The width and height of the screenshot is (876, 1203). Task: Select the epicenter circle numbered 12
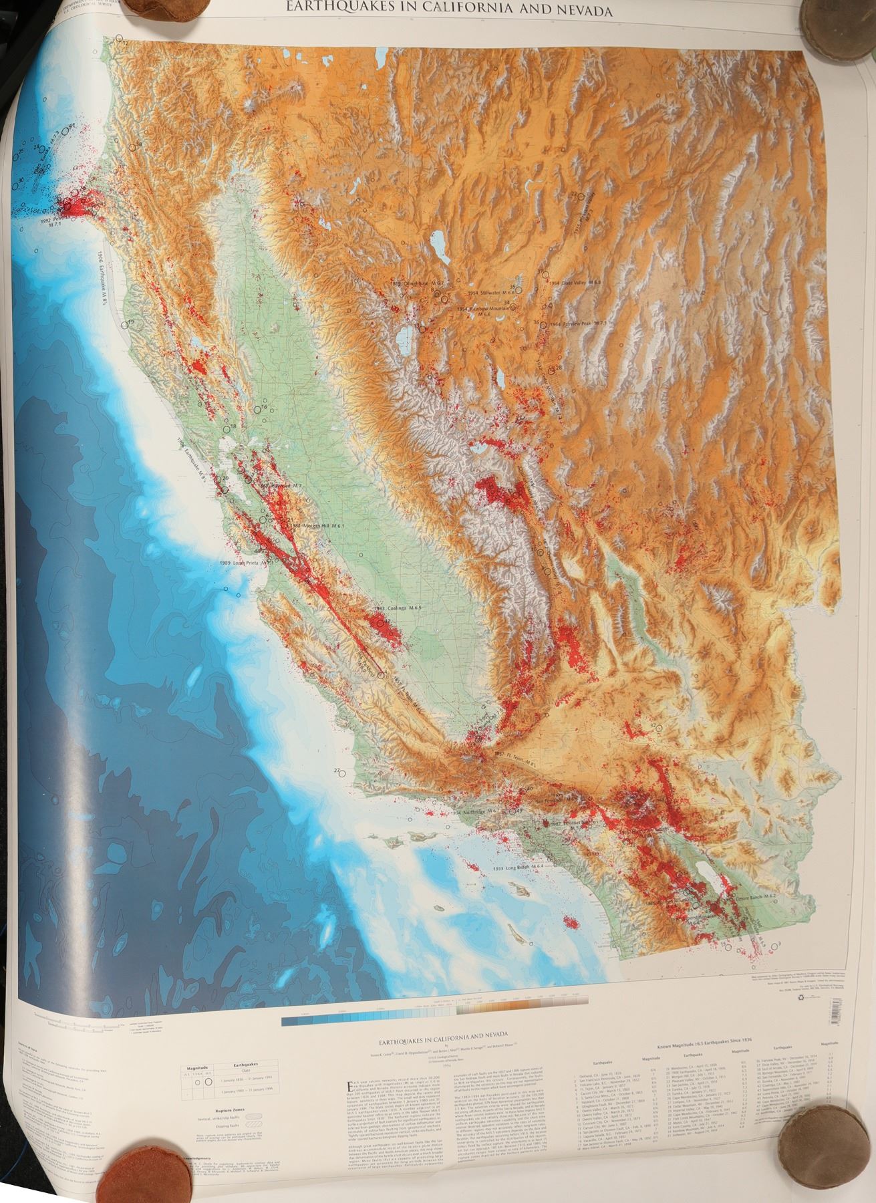(120, 39)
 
